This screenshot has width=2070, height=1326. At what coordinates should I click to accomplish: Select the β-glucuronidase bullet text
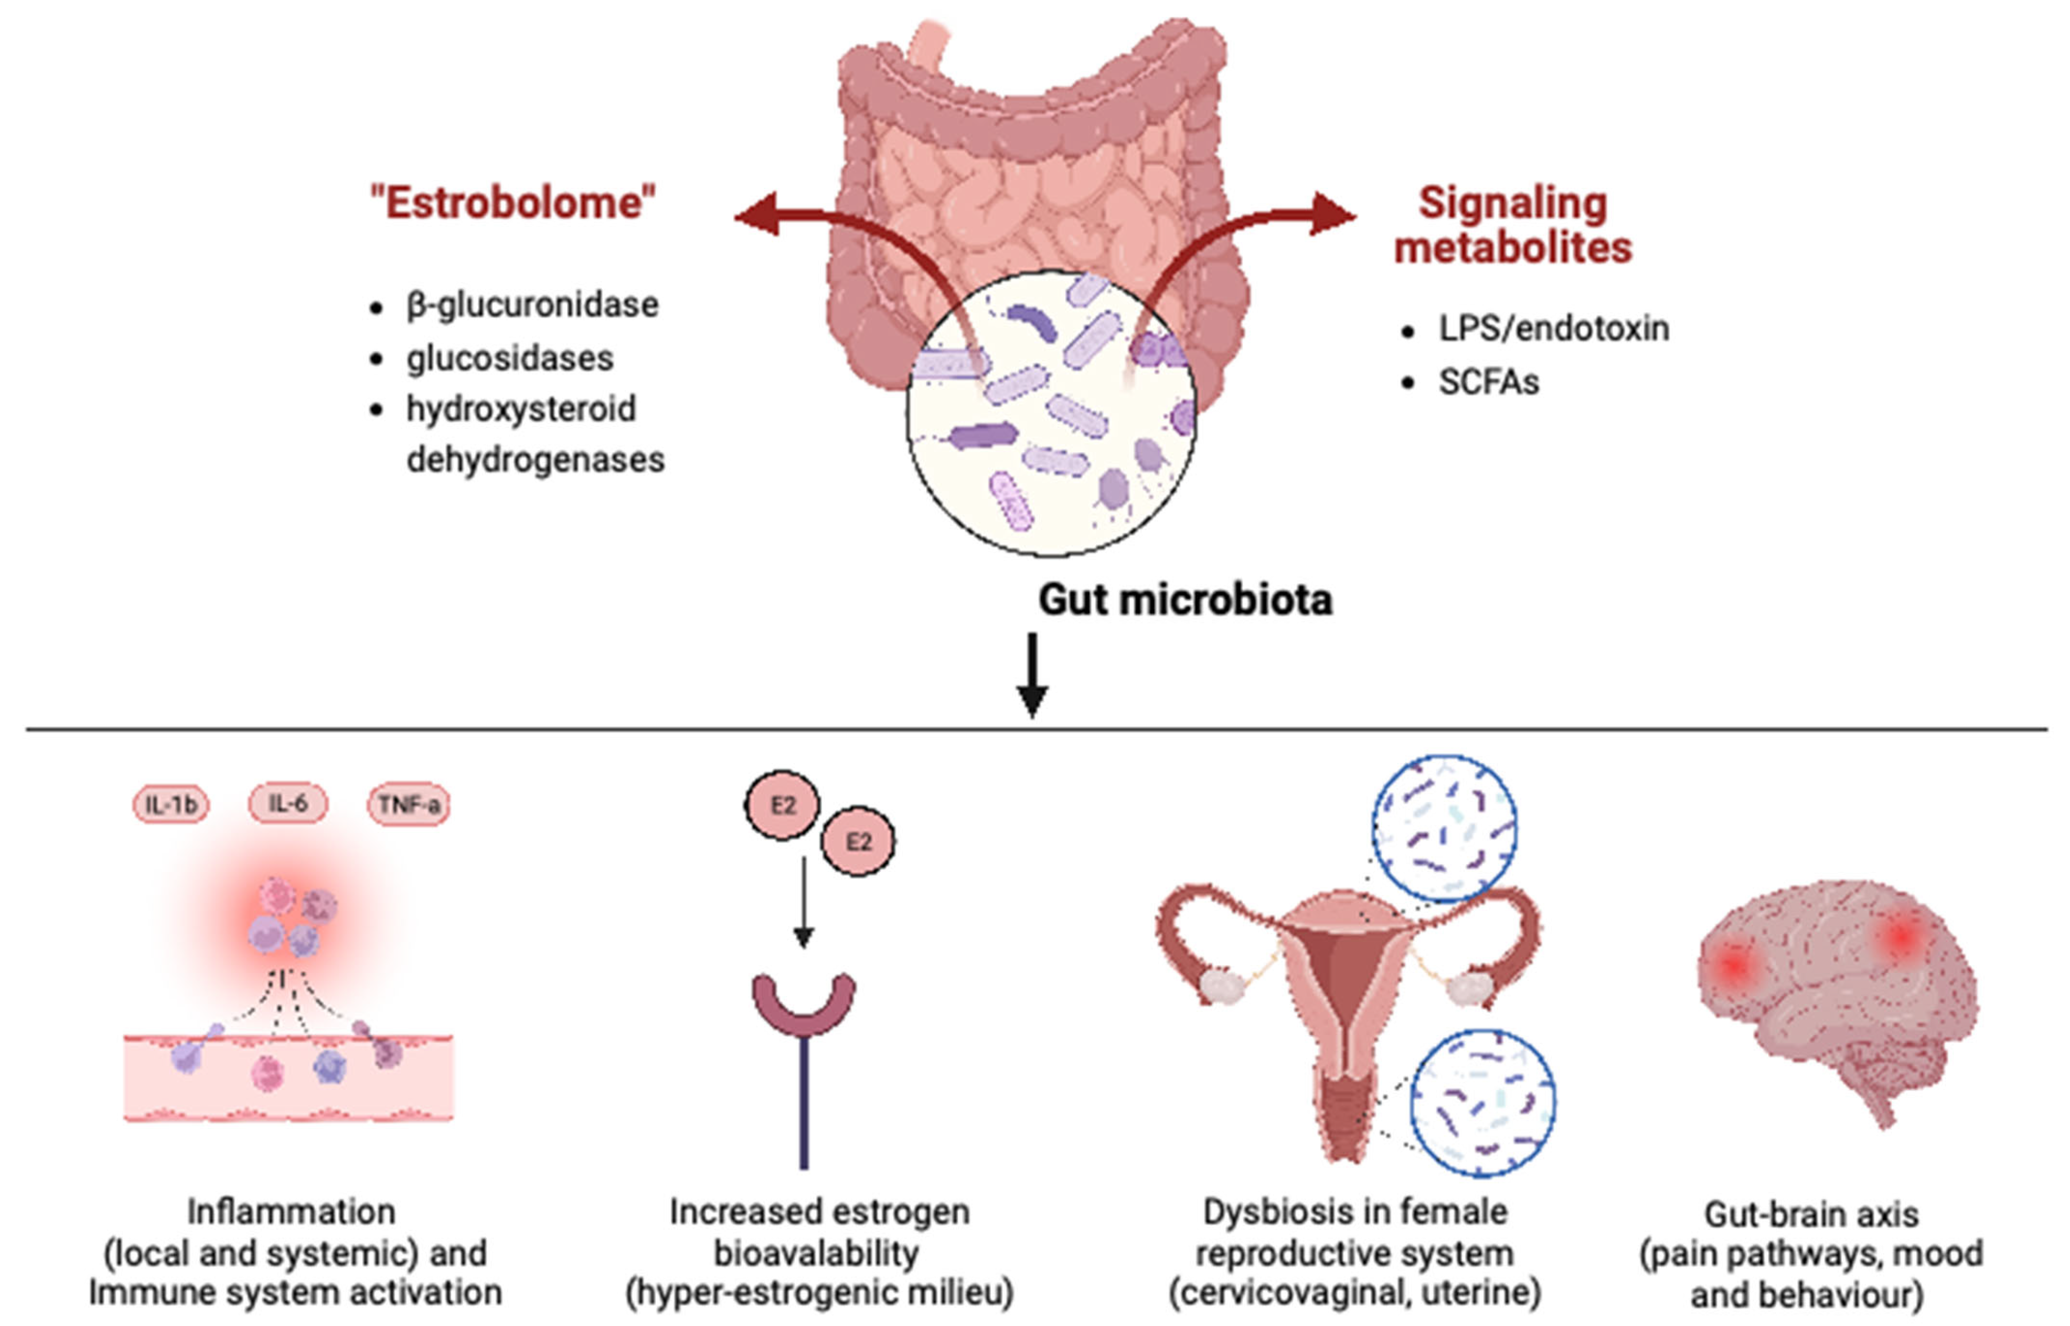532,305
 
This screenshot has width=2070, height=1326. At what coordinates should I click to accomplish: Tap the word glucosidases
510,358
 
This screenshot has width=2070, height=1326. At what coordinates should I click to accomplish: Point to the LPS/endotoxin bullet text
1553,328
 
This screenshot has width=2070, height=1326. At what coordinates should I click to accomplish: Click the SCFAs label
1489,381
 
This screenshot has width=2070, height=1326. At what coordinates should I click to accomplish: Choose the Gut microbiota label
1185,599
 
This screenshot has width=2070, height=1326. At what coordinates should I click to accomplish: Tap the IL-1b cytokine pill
170,805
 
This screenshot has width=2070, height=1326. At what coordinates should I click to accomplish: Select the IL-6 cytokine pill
287,804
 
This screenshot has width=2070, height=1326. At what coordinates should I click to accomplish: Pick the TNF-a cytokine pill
409,805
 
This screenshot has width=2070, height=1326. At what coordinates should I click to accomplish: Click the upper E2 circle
782,805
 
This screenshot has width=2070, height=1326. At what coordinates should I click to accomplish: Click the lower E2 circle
857,841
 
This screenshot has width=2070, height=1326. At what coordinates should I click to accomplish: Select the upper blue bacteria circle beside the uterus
1444,828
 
